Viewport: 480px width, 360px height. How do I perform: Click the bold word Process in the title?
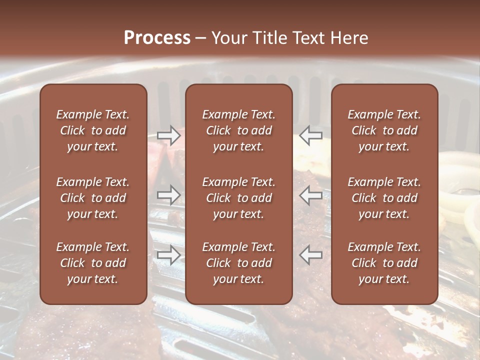click(x=157, y=38)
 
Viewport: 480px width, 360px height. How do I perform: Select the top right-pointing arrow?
click(x=168, y=135)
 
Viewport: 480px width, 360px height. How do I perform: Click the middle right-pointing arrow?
click(x=168, y=195)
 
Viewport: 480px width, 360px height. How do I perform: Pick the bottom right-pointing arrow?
click(x=168, y=255)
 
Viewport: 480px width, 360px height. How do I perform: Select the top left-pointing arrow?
click(x=310, y=135)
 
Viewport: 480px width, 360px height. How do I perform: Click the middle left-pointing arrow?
click(x=310, y=195)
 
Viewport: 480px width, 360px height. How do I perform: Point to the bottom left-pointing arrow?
click(x=310, y=255)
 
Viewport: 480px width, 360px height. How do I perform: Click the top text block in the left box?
click(x=93, y=130)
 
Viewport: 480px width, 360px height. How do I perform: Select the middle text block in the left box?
click(x=93, y=198)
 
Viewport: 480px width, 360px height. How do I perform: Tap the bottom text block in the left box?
click(x=93, y=263)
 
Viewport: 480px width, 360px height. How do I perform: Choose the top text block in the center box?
click(x=238, y=130)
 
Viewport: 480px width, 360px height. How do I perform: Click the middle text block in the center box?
click(x=238, y=198)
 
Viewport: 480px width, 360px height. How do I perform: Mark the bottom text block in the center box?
click(x=238, y=263)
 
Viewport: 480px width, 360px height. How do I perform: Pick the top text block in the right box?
click(x=384, y=130)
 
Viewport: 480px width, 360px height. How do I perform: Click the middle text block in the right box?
click(x=384, y=198)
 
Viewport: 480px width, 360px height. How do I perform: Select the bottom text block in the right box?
click(x=384, y=263)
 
